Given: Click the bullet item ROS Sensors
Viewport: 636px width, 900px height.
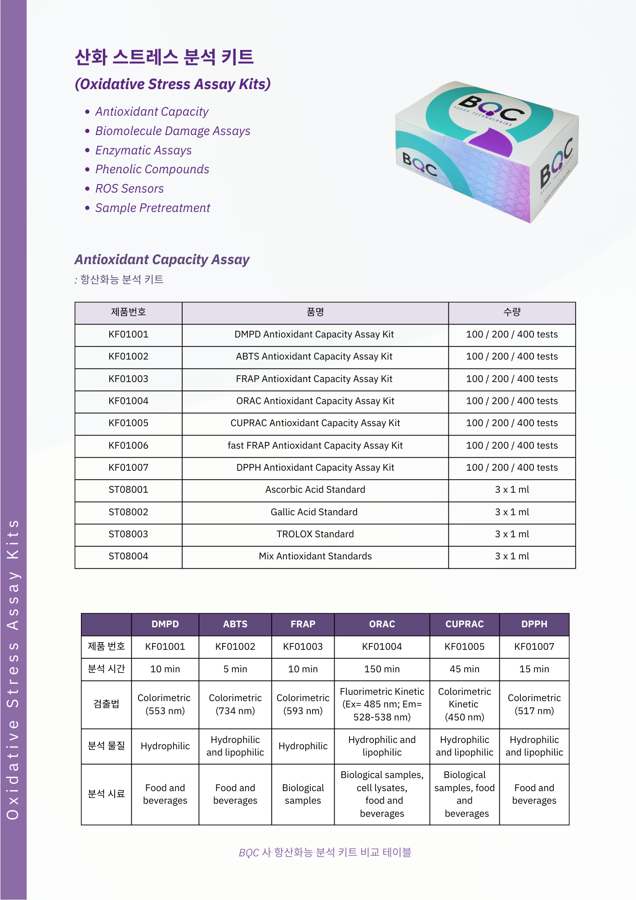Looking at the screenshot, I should tap(130, 189).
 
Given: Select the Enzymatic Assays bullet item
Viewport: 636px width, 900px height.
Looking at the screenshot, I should tap(143, 150).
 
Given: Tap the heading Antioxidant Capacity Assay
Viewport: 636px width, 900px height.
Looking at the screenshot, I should tap(162, 260).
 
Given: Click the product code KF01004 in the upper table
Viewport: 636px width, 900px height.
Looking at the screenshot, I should tap(128, 401).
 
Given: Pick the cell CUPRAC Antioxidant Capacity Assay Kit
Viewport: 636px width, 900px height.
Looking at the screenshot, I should tap(315, 423).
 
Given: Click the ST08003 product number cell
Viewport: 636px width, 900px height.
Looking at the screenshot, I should tap(128, 534).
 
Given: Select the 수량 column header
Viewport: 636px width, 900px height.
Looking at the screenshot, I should tap(512, 312).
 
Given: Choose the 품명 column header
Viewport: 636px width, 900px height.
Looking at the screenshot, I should tap(315, 312).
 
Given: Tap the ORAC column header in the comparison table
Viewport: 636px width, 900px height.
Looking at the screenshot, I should tap(382, 624).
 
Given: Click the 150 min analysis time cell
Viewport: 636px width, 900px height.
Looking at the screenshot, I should tap(382, 669).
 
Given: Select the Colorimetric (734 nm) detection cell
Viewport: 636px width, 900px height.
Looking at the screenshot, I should tap(235, 704).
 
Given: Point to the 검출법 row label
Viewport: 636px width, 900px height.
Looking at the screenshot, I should tap(106, 704).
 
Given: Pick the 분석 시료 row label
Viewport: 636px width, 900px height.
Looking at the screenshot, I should tap(106, 794).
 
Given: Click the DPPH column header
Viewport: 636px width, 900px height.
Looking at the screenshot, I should tap(534, 624).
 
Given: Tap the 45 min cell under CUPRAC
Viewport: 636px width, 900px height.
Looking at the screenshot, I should tap(464, 669).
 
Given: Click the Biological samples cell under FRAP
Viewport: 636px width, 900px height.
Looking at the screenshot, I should tap(303, 794).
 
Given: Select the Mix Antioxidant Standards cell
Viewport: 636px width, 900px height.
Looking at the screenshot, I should tap(315, 556).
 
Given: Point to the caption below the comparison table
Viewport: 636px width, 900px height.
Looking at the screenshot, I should tap(325, 852).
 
